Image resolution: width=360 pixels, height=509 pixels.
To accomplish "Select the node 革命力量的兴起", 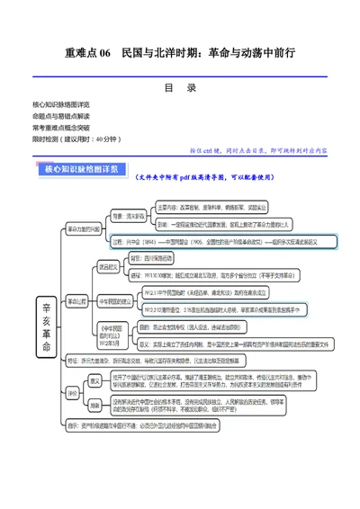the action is (x=86, y=228).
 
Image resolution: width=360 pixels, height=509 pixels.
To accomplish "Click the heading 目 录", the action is (x=180, y=88).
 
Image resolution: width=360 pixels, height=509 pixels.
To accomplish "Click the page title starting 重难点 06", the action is (x=180, y=54).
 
